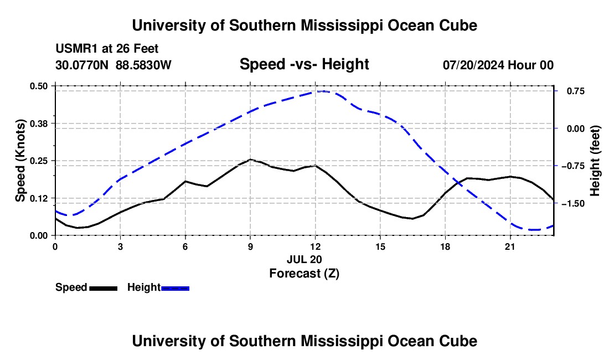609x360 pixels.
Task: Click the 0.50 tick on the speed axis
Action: click(39, 86)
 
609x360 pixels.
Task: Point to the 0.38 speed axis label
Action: click(39, 124)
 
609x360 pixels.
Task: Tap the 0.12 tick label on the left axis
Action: click(39, 198)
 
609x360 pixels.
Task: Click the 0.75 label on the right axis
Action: click(576, 91)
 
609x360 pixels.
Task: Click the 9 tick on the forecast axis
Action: click(250, 246)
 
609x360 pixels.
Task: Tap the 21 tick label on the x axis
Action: click(510, 246)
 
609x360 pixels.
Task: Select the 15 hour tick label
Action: click(380, 246)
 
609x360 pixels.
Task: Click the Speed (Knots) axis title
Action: click(20, 161)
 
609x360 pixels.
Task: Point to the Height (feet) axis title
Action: click(595, 161)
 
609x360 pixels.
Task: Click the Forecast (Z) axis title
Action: click(304, 274)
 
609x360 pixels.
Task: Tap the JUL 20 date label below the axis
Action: click(304, 259)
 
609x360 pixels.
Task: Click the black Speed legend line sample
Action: click(104, 288)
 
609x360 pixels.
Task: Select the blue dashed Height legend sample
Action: click(175, 288)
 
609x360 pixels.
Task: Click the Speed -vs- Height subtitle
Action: click(304, 64)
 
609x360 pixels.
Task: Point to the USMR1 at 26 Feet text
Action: click(107, 49)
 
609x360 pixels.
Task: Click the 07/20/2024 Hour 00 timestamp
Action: click(498, 65)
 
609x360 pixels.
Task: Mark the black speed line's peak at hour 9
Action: click(250, 159)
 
